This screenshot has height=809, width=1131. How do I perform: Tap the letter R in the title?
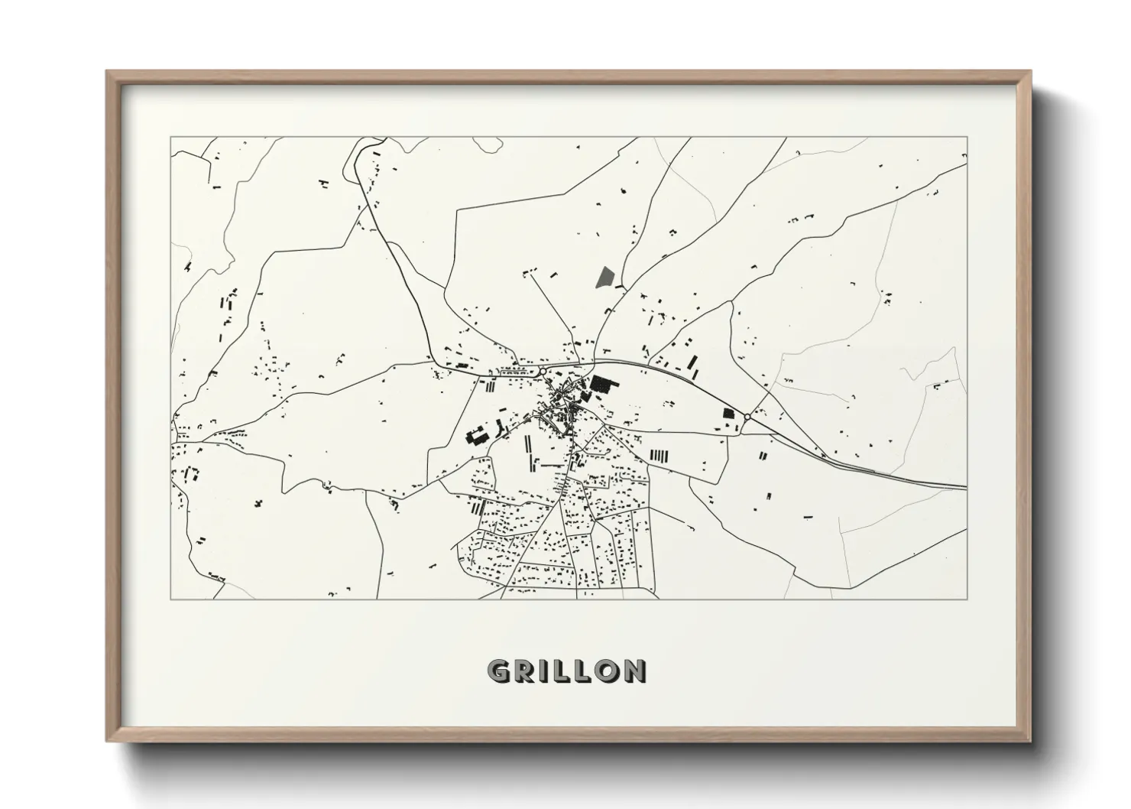click(x=523, y=671)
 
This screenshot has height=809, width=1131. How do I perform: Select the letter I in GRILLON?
click(x=542, y=671)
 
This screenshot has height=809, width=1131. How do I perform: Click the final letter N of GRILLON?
click(x=633, y=671)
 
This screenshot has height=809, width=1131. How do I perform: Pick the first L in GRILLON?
click(x=559, y=671)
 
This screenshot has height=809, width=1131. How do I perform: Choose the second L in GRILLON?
click(x=579, y=671)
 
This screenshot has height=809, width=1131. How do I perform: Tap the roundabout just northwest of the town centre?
click(x=543, y=372)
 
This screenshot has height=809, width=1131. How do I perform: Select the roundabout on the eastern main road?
click(x=747, y=417)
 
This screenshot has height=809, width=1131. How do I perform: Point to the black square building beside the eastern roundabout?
click(x=728, y=414)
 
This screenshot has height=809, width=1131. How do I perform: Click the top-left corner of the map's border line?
click(x=171, y=138)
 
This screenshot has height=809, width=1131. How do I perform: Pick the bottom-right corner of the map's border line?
click(x=967, y=599)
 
